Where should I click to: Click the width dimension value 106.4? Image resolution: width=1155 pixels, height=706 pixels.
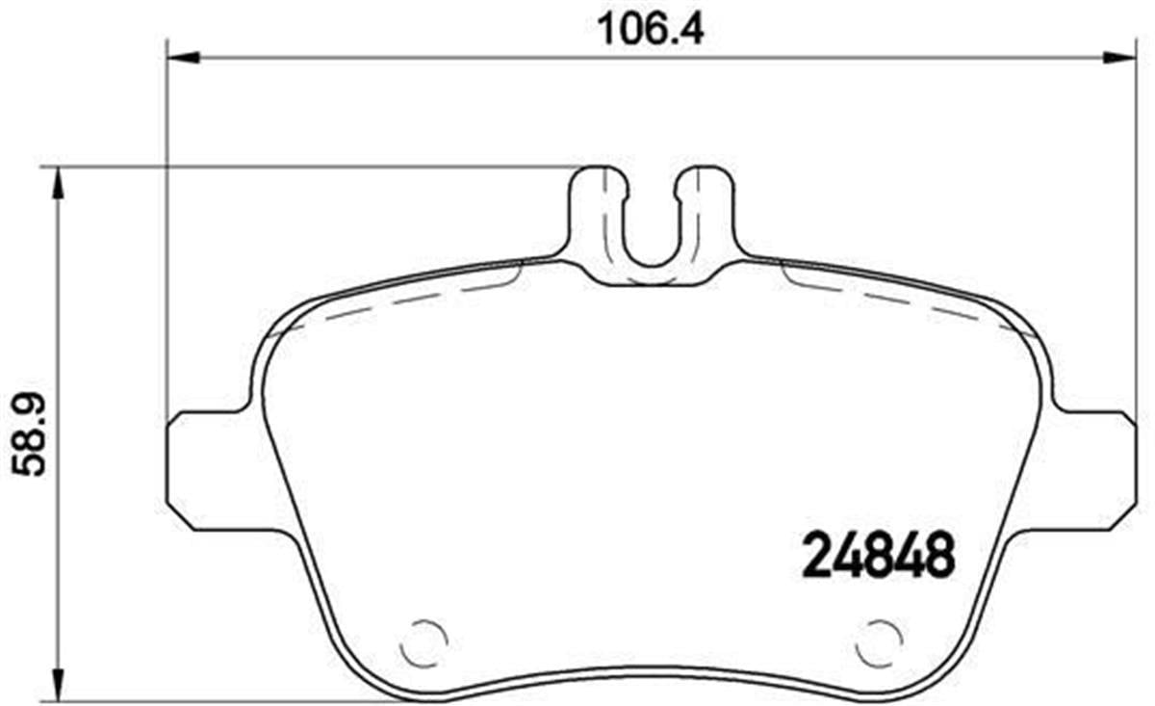point(652,29)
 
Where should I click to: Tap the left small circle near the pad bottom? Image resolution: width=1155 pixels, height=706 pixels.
point(423,641)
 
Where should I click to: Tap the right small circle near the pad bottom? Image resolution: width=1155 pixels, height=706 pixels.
point(880,641)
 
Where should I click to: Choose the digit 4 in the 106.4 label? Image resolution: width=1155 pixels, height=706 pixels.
point(692,29)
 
